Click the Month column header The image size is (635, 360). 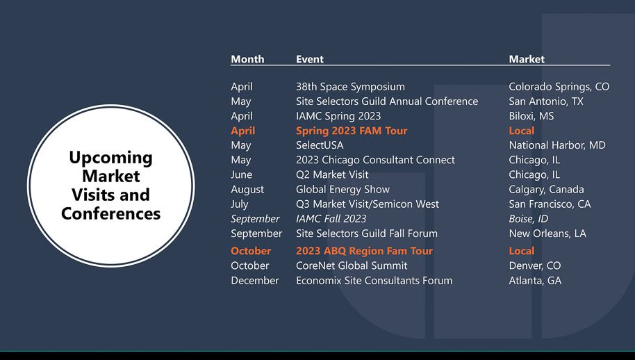[247, 59]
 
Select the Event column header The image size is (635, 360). [310, 59]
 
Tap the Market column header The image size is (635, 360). [527, 59]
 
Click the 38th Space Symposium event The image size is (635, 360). [350, 87]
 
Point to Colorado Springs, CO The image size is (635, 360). [559, 87]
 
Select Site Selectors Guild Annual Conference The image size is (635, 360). [387, 101]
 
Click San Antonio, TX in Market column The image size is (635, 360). [546, 101]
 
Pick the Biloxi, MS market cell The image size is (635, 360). [531, 116]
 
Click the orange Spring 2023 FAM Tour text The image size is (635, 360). [352, 131]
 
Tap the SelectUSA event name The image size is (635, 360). [320, 145]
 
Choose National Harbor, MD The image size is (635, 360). [557, 145]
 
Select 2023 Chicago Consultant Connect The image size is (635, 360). [375, 160]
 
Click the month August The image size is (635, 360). [247, 190]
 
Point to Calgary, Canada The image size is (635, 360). [546, 190]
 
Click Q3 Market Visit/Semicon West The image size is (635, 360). [368, 204]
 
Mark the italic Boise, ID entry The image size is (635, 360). [529, 219]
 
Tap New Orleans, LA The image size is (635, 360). [547, 234]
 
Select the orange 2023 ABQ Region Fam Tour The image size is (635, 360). [364, 251]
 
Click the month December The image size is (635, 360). [255, 281]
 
